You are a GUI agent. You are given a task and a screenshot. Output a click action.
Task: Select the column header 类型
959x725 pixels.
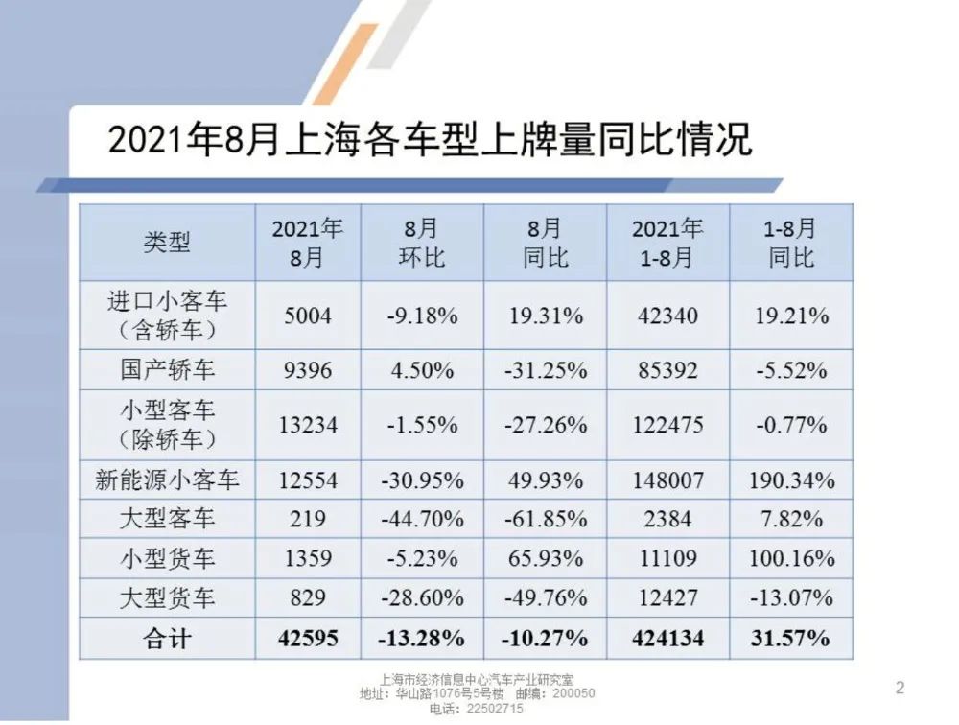point(167,243)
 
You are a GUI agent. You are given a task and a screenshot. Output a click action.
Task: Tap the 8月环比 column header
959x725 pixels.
point(421,243)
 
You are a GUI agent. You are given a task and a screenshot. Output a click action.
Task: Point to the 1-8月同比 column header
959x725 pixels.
point(790,243)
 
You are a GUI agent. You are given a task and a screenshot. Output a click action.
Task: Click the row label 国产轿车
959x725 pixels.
point(167,368)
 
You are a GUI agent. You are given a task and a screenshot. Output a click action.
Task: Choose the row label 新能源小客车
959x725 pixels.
point(167,479)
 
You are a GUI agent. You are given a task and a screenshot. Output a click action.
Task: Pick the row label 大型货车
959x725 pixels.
point(167,597)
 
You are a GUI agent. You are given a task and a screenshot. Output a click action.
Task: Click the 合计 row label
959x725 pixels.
point(167,638)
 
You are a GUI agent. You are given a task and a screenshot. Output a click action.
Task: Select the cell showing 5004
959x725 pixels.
point(308,316)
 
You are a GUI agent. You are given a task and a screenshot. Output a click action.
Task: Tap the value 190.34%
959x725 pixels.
point(790,479)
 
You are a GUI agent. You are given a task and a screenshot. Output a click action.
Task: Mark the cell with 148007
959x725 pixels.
point(668,479)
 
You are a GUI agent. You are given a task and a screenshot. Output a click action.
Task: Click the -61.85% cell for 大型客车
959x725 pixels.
point(545,519)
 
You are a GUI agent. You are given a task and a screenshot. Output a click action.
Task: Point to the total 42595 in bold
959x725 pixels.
point(308,638)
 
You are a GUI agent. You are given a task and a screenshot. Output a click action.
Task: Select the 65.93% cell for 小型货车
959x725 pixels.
point(545,558)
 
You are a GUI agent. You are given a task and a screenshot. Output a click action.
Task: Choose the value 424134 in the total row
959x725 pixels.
point(668,638)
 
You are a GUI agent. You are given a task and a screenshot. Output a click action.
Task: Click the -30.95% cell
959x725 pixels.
point(421,479)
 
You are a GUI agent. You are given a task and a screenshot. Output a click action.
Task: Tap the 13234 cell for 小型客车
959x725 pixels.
point(308,423)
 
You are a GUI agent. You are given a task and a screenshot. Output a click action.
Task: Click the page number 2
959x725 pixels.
point(899,687)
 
